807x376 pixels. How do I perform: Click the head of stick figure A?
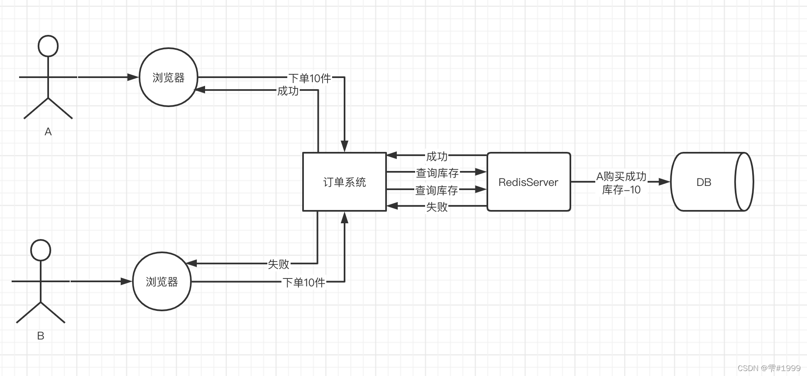48,46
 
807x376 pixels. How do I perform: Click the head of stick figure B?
41,250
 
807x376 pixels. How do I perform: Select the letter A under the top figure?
48,132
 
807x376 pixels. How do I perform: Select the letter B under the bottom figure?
41,336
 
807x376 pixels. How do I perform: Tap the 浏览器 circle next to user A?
168,78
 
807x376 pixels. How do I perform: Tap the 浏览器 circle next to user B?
161,282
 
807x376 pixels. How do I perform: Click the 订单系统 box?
345,182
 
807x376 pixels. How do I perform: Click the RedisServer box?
528,182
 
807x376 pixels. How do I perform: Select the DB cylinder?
712,182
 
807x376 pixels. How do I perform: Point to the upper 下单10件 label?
310,78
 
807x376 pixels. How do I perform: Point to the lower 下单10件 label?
304,283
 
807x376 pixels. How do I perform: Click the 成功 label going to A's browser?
288,91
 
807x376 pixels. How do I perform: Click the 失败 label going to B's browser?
278,264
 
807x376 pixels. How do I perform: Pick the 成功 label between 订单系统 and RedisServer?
437,156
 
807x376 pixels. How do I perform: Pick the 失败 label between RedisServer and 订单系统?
437,207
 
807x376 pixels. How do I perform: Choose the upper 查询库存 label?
437,173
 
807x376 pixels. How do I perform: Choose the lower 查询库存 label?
436,190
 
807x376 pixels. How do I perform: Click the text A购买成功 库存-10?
621,183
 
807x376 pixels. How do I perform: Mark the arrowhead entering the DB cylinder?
665,182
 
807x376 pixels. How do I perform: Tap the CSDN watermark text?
769,368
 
